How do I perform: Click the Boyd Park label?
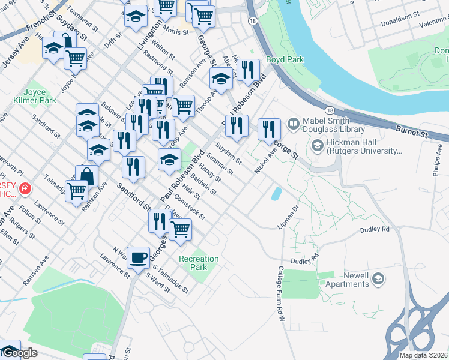click(285, 59)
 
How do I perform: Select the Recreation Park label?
click(199, 263)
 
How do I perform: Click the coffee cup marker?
click(139, 258)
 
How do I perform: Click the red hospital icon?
click(25, 190)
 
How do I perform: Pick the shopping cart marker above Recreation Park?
click(180, 229)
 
